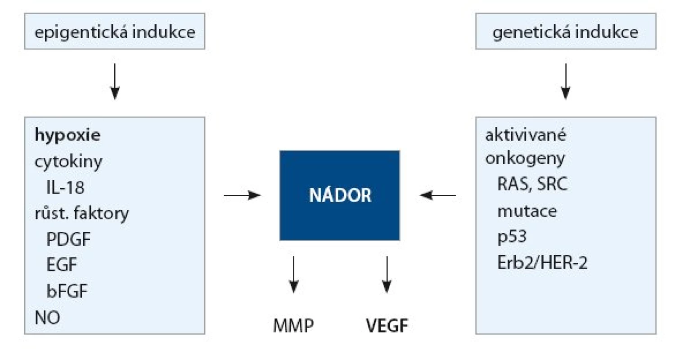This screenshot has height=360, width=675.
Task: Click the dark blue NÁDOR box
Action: pyautogui.click(x=340, y=195)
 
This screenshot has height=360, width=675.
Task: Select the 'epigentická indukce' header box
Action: pyautogui.click(x=115, y=31)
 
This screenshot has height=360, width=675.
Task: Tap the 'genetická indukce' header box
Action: pyautogui.click(x=566, y=31)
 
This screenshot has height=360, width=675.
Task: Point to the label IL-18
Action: pyautogui.click(x=65, y=187)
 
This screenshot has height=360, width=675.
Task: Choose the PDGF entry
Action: pyautogui.click(x=68, y=239)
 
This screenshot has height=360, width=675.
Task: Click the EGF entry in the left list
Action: pyautogui.click(x=62, y=265)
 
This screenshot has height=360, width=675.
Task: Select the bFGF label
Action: pyautogui.click(x=67, y=291)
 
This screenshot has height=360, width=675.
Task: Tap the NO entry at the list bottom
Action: pyautogui.click(x=47, y=317)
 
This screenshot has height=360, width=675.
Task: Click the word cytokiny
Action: pyautogui.click(x=68, y=162)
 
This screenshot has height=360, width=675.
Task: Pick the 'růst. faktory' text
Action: pyautogui.click(x=81, y=214)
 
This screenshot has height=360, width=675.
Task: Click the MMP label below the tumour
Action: pyautogui.click(x=293, y=326)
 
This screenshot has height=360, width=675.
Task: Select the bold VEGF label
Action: pyautogui.click(x=387, y=326)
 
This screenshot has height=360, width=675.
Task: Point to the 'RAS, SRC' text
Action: pyautogui.click(x=532, y=184)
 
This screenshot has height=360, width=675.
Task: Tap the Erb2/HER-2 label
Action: pyautogui.click(x=542, y=263)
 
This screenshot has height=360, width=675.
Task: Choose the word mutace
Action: pyautogui.click(x=527, y=211)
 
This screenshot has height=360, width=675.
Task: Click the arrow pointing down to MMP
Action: pyautogui.click(x=293, y=275)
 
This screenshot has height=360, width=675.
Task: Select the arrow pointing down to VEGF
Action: pyautogui.click(x=387, y=275)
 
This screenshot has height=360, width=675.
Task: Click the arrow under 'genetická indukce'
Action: pyautogui.click(x=566, y=81)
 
